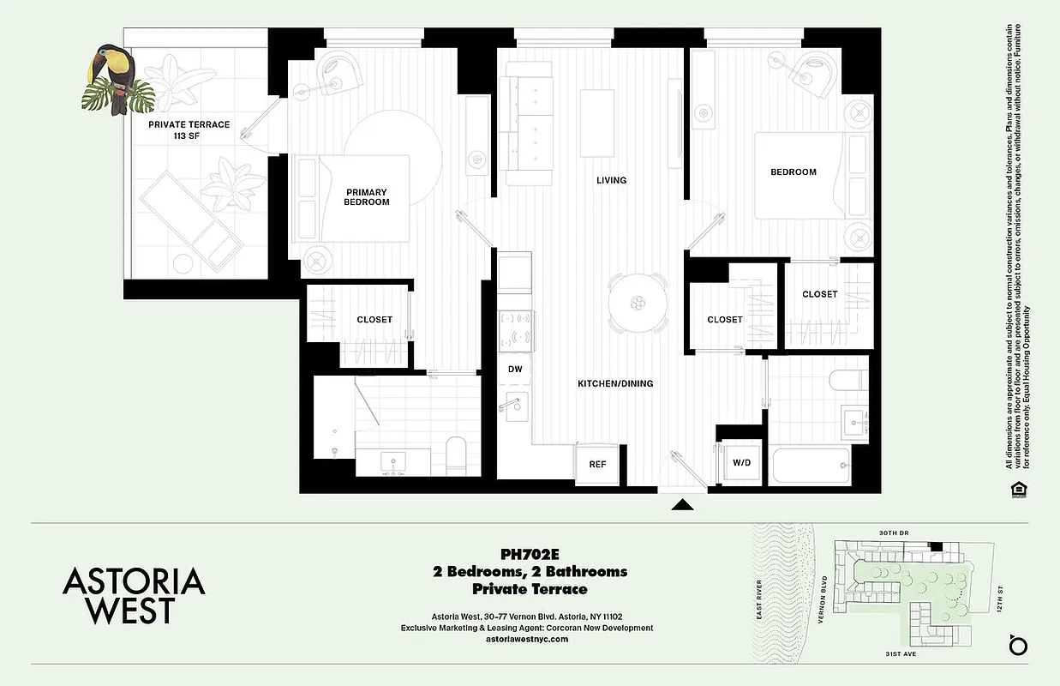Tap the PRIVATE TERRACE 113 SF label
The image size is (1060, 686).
(x=189, y=130)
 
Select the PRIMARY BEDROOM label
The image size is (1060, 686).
(x=367, y=197)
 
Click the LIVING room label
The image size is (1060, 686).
(x=612, y=180)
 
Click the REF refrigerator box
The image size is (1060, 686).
(x=597, y=464)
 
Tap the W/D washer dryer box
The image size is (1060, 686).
(x=741, y=463)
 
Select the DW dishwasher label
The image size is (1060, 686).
(x=515, y=369)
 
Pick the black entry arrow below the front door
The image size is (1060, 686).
(x=682, y=505)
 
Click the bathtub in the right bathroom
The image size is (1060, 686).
(x=811, y=466)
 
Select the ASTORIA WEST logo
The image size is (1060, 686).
(x=134, y=595)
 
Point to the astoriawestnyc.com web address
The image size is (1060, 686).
(x=527, y=640)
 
